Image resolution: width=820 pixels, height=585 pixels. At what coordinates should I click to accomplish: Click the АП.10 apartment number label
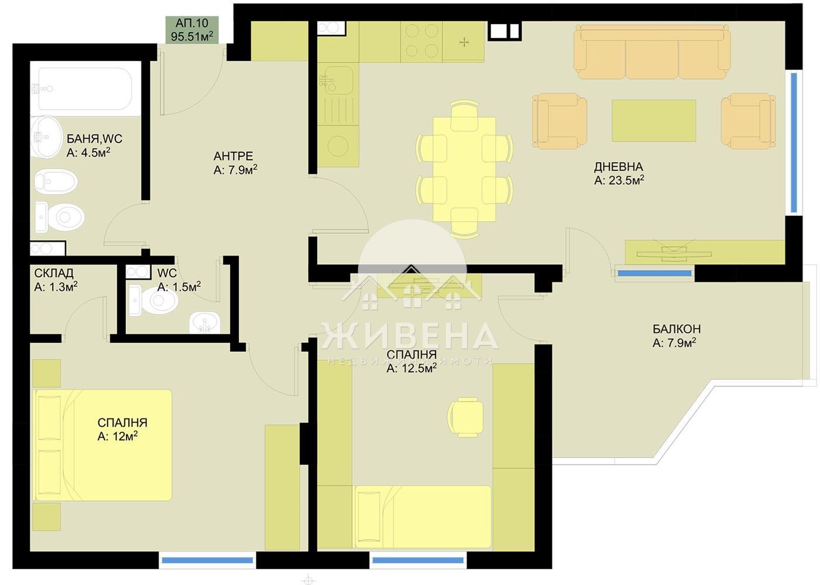[x=192, y=23]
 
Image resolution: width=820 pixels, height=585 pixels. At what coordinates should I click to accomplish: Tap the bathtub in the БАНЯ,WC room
[x=85, y=88]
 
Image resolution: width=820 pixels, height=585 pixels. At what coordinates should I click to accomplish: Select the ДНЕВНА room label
[x=618, y=167]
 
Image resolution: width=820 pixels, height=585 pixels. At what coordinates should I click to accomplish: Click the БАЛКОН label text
[x=677, y=329]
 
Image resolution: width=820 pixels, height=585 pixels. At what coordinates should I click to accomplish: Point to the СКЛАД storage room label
[x=54, y=273]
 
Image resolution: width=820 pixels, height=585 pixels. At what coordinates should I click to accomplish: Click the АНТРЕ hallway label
[x=233, y=156]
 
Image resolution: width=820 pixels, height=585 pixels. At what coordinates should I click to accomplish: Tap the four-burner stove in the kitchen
[x=422, y=42]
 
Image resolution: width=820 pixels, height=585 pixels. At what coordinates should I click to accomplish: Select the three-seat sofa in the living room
[x=652, y=51]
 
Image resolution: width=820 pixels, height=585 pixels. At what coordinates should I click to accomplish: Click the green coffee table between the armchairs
[x=654, y=121]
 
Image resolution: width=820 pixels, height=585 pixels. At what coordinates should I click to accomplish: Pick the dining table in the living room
[x=464, y=170]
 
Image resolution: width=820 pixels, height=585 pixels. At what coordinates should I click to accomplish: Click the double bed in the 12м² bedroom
[x=102, y=445]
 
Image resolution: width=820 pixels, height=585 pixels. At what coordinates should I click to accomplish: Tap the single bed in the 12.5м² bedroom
[x=423, y=517]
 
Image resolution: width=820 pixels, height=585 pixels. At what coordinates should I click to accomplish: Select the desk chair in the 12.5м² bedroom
[x=465, y=417]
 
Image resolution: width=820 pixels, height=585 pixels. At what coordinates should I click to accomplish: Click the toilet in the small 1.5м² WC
[x=154, y=300]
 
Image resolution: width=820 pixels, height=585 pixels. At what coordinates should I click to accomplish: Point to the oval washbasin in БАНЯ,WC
[x=46, y=137]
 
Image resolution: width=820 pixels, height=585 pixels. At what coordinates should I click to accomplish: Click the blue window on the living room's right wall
[x=794, y=143]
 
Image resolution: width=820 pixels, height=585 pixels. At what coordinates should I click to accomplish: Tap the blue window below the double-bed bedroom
[x=207, y=560]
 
